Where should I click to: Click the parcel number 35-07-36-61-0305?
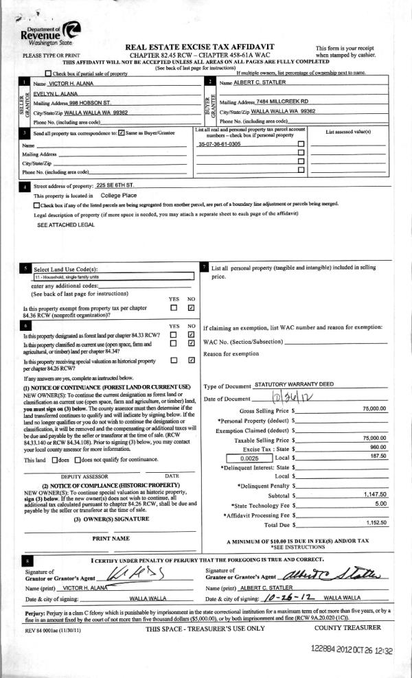coord(219,144)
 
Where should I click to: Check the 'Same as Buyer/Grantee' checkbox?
coord(122,132)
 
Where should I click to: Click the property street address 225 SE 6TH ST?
coord(119,185)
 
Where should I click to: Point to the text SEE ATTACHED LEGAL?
coord(65,224)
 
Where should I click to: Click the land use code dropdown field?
coord(113,277)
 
